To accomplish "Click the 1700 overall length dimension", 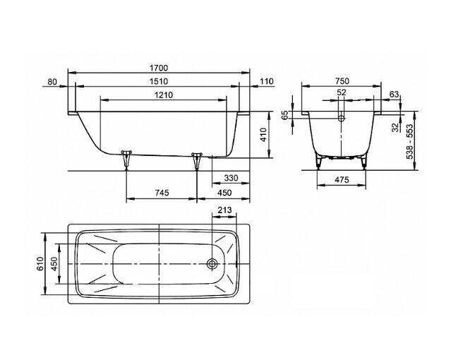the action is (x=159, y=68).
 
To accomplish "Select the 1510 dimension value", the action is (x=159, y=81).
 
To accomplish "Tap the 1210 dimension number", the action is (x=163, y=95).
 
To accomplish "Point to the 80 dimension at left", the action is (x=52, y=81).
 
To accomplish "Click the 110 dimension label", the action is (x=267, y=81).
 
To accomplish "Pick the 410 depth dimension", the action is (x=263, y=135).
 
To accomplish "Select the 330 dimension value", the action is (x=231, y=178).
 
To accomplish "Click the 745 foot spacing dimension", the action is (x=162, y=193).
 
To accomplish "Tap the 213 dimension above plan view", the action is (x=224, y=210).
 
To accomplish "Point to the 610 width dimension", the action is (x=40, y=264).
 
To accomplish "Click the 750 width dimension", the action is (x=342, y=80).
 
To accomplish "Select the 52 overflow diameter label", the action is (x=342, y=92).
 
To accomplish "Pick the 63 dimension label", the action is (x=394, y=94).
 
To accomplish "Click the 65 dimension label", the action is (x=285, y=115).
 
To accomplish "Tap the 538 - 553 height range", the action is (x=410, y=141).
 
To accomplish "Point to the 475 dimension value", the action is (x=342, y=179).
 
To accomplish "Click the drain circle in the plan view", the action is (x=212, y=263).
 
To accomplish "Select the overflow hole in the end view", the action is (x=342, y=119).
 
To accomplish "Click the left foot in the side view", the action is (x=126, y=160).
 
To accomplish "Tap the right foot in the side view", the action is (x=197, y=161).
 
